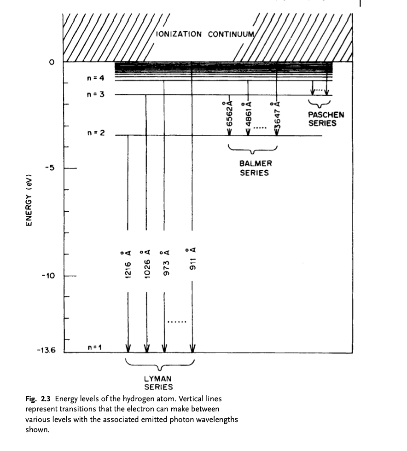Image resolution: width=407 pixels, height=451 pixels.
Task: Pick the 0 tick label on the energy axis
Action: [52, 62]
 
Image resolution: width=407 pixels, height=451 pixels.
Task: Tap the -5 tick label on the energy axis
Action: [50, 168]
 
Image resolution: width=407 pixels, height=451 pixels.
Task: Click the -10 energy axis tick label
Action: [48, 276]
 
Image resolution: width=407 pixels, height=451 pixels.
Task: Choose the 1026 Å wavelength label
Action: [146, 264]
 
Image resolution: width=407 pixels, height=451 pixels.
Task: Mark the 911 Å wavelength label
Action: [192, 259]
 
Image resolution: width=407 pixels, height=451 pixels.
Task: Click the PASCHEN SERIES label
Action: [326, 119]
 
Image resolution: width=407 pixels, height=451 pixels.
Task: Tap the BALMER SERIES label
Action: [255, 168]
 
